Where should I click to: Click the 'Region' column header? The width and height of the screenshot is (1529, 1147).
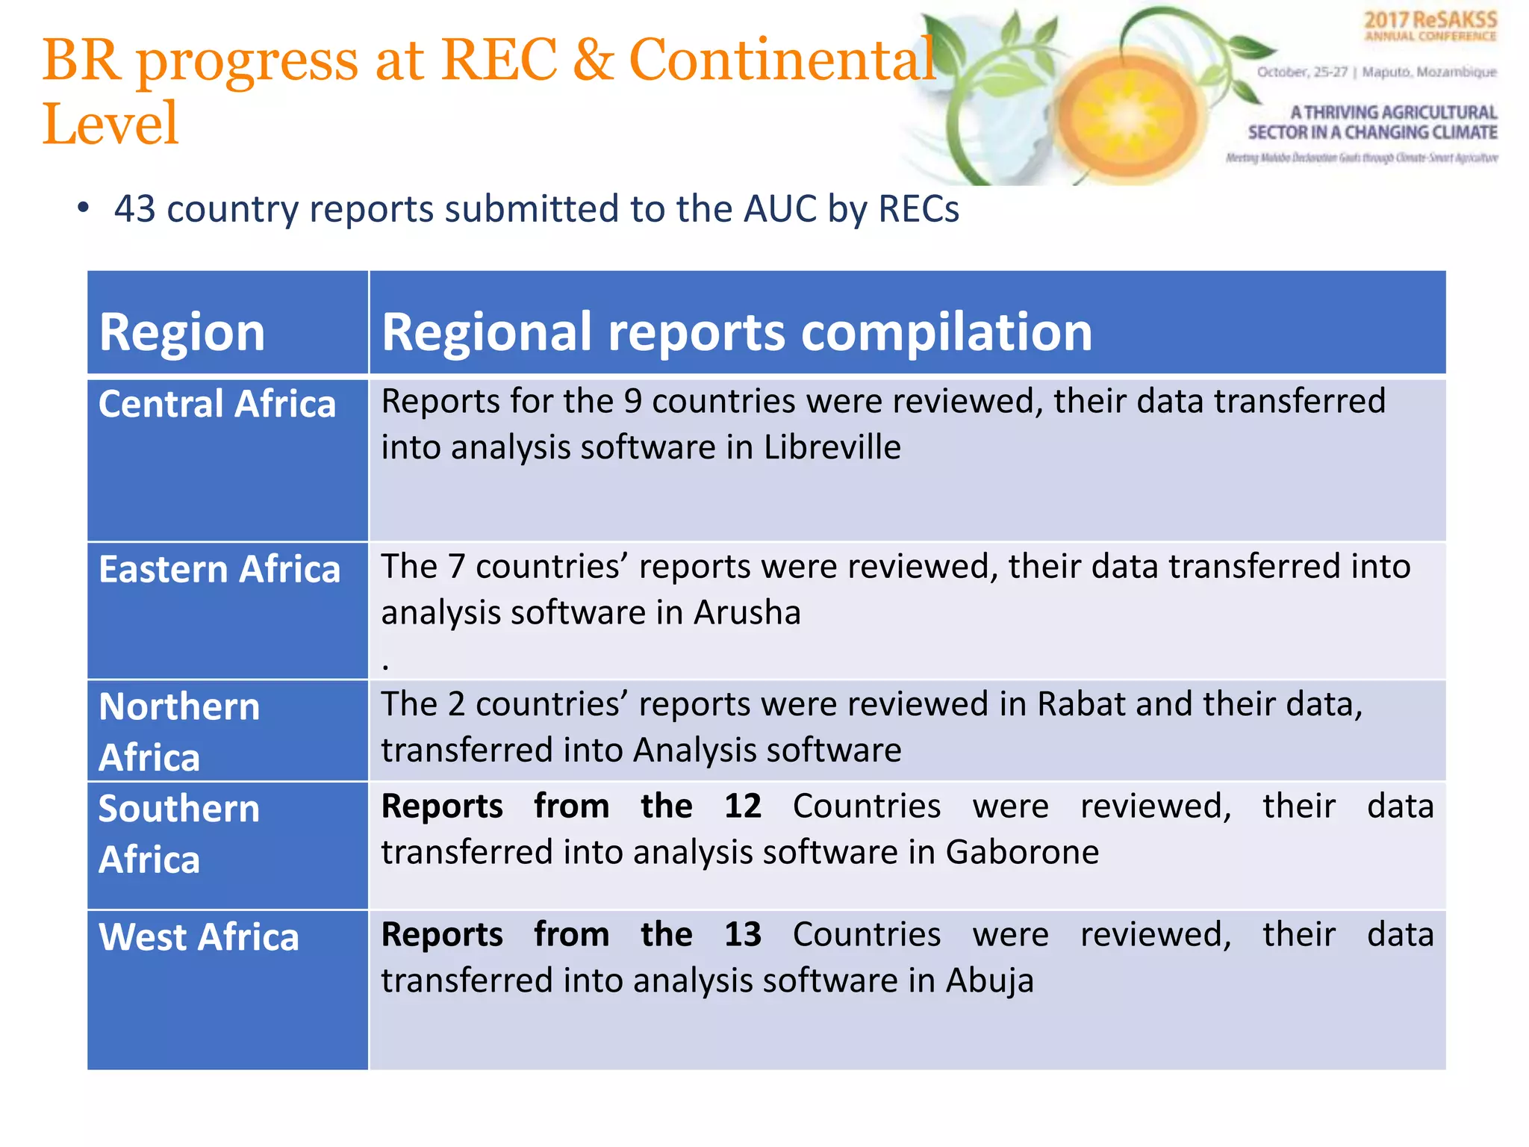pos(182,332)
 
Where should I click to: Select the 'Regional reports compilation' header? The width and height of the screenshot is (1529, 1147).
pos(736,332)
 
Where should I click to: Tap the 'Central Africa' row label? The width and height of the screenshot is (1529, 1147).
pos(217,405)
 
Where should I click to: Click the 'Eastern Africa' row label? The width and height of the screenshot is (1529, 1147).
pos(219,570)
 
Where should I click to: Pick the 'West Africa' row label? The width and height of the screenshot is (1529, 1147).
pos(199,937)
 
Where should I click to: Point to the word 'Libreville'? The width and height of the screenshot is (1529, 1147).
pos(832,447)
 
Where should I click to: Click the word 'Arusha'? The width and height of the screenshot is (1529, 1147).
pos(747,612)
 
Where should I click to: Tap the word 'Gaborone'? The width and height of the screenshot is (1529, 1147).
pos(1022,852)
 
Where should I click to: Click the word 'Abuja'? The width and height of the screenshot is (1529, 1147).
pos(989,980)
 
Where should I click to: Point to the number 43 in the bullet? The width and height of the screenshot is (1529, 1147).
pos(134,209)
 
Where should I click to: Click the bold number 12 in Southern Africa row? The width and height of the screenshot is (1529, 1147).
pos(743,806)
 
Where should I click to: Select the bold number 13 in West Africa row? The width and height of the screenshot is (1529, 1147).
pos(743,935)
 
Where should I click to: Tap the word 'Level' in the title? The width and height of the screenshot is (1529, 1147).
pos(110,124)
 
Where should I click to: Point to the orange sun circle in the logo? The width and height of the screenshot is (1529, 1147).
pos(1129,116)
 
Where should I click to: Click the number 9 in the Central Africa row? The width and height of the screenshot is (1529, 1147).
pos(632,402)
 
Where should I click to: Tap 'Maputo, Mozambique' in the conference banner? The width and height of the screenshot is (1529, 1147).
pos(1429,72)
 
